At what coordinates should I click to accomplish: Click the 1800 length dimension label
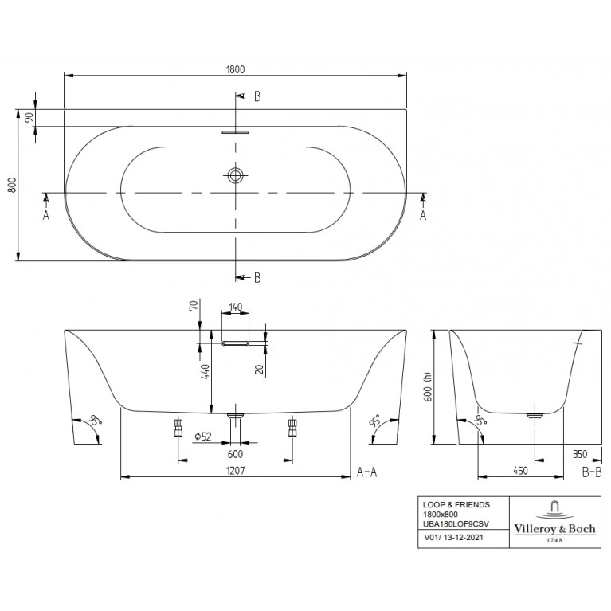[x=235, y=69]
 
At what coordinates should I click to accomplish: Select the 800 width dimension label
[x=12, y=185]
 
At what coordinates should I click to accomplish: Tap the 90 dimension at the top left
[x=29, y=117]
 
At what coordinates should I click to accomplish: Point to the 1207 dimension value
[x=236, y=470]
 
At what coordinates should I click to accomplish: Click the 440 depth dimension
[x=206, y=372]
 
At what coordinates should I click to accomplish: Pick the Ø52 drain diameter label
[x=203, y=437]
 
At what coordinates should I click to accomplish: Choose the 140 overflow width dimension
[x=235, y=307]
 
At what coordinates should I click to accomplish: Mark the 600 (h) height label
[x=428, y=386]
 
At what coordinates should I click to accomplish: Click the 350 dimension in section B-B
[x=580, y=454]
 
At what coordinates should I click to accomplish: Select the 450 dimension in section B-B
[x=520, y=471]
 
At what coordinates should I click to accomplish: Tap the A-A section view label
[x=367, y=472]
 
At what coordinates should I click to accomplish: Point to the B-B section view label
[x=592, y=472]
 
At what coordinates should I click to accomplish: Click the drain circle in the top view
[x=235, y=175]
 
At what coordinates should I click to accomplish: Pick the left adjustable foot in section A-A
[x=178, y=427]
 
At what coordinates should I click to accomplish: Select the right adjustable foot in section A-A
[x=292, y=427]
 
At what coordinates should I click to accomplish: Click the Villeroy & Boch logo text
[x=555, y=529]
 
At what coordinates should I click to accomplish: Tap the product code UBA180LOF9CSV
[x=456, y=524]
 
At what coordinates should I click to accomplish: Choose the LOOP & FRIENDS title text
[x=456, y=504]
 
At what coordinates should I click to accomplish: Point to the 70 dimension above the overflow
[x=193, y=306]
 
